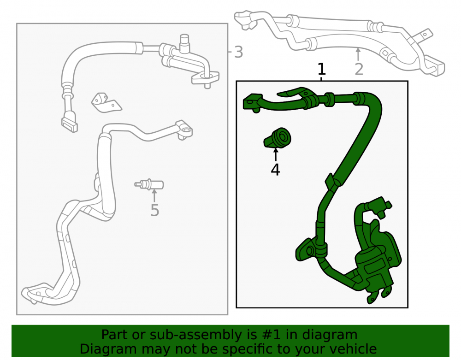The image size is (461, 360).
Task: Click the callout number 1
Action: (x=322, y=69)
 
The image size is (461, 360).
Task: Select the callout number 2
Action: (x=359, y=69)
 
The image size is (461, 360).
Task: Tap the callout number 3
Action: (x=238, y=52)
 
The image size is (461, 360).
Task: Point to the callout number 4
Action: (x=276, y=170)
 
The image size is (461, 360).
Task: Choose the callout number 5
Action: (x=154, y=210)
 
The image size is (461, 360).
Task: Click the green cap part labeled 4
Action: (x=278, y=138)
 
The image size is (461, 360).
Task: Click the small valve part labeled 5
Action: (x=149, y=184)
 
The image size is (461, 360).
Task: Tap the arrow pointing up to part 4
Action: (x=276, y=154)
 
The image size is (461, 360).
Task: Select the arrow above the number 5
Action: (x=154, y=196)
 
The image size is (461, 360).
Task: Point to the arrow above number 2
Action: (x=358, y=54)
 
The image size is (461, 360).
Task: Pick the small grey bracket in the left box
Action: (x=106, y=103)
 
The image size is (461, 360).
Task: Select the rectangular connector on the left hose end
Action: (x=70, y=125)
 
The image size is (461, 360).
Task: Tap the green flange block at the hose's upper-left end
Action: (x=253, y=102)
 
